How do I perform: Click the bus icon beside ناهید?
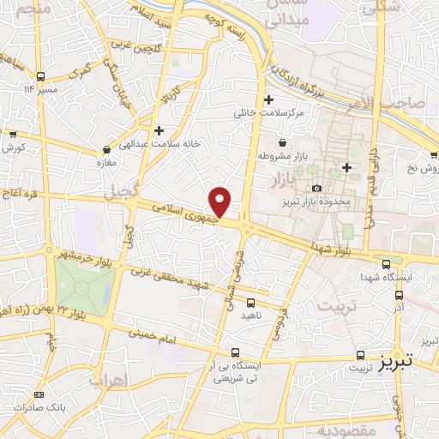click(250, 303)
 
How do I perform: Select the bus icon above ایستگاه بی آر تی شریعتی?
click(236, 352)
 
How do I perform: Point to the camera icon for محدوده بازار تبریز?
click(316, 189)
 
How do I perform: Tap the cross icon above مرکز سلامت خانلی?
click(269, 99)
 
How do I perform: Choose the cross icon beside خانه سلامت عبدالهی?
click(158, 130)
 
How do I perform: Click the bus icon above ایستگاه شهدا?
click(386, 264)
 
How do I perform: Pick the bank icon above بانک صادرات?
click(38, 394)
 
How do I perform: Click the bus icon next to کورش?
click(14, 134)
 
